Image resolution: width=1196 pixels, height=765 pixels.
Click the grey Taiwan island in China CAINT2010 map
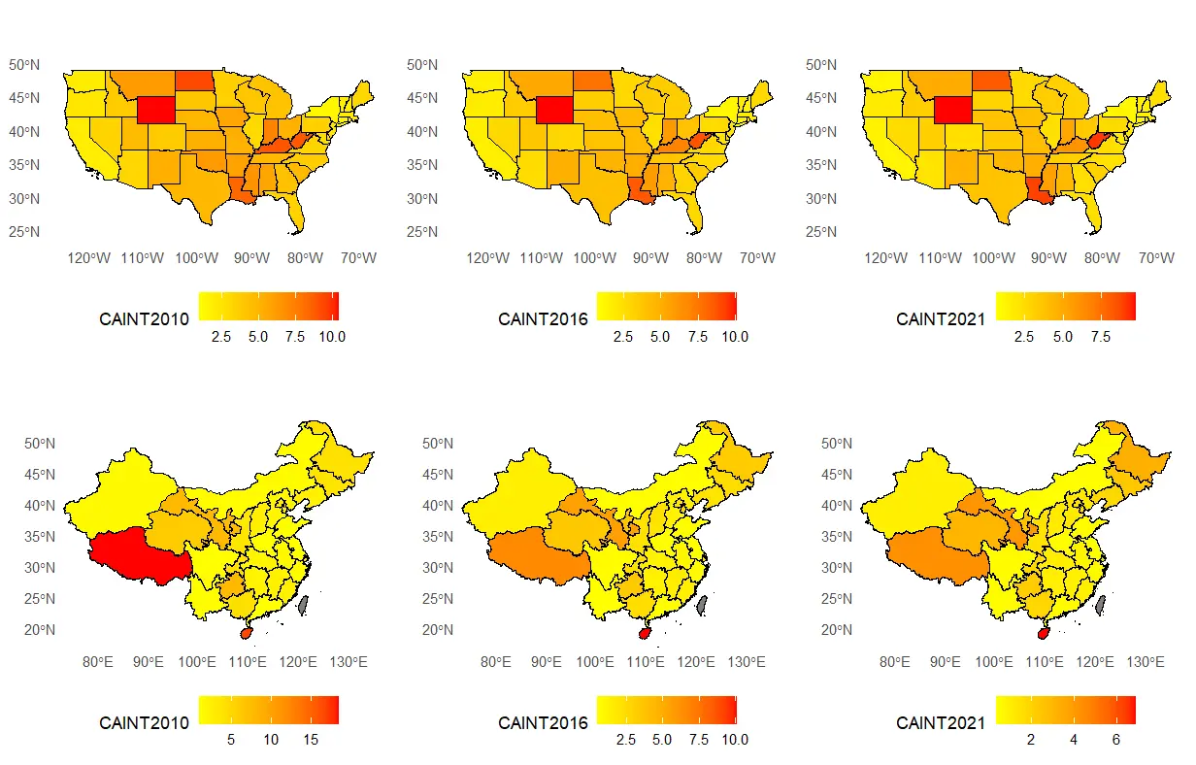click(304, 604)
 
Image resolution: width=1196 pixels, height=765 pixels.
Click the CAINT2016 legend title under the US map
click(543, 318)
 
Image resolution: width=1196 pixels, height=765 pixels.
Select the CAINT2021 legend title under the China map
click(941, 723)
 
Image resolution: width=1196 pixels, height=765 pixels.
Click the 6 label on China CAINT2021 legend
click(1115, 740)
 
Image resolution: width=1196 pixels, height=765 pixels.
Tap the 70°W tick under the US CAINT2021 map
click(1155, 258)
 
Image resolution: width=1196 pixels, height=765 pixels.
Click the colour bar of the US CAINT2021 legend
click(1065, 306)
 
